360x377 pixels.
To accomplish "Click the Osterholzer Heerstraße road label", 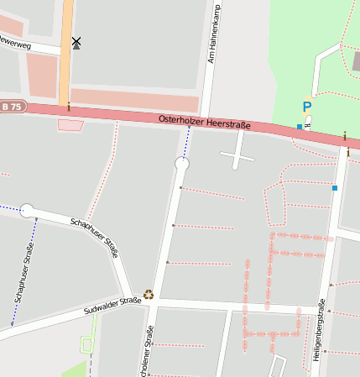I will coord(205,123).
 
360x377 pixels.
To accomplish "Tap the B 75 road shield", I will coord(12,107).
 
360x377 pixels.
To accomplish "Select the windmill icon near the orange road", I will coord(76,42).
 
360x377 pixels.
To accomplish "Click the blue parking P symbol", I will coord(306,107).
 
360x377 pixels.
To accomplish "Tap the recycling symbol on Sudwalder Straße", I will coord(149,294).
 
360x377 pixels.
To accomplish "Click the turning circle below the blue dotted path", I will coord(182,165).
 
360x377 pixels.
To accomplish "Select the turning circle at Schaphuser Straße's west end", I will coord(27,210).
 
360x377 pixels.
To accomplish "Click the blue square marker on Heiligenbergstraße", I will coord(335,188).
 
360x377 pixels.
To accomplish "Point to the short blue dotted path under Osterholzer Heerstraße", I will coord(185,144).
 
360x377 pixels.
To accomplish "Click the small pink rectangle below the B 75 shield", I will coord(70,125).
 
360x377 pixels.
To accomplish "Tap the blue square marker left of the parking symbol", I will coord(299,126).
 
